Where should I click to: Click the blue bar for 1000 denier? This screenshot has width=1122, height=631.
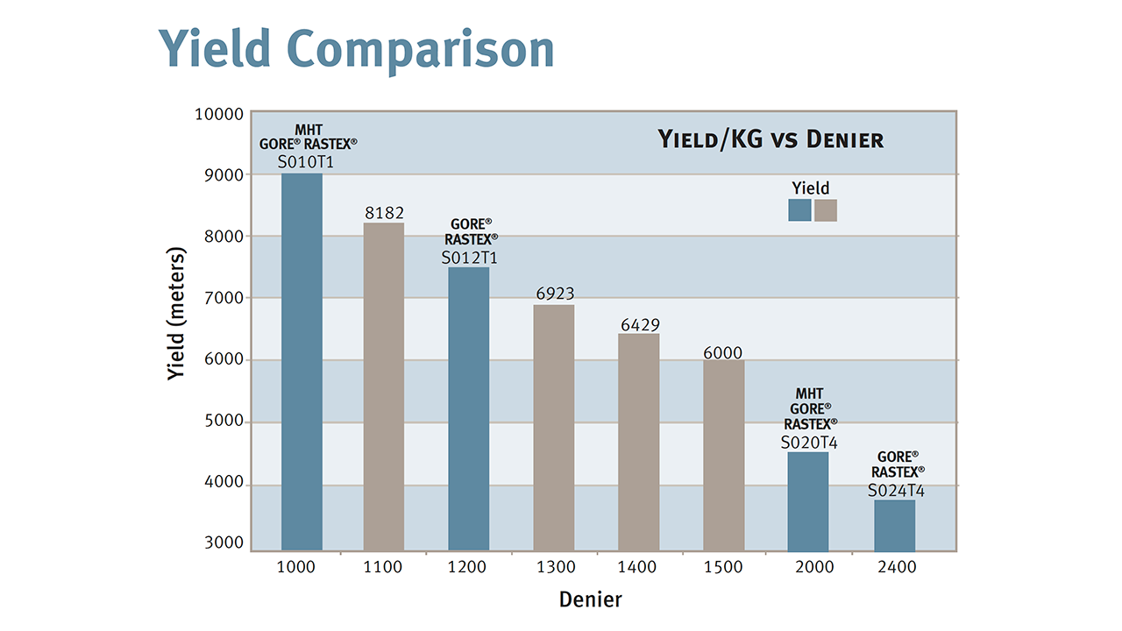pyautogui.click(x=302, y=361)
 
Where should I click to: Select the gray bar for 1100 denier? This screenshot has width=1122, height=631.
pyautogui.click(x=384, y=386)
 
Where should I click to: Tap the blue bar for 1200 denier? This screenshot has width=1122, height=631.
pyautogui.click(x=469, y=408)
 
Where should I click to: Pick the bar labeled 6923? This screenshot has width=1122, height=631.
pyautogui.click(x=554, y=427)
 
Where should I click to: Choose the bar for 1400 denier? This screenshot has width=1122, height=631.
pyautogui.click(x=638, y=442)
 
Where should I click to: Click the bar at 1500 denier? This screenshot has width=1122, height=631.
pyautogui.click(x=723, y=455)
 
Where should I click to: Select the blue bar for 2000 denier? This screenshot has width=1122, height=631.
pyautogui.click(x=808, y=500)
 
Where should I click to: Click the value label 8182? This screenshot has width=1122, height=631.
pyautogui.click(x=384, y=212)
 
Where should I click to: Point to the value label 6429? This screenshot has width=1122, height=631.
pyautogui.click(x=638, y=324)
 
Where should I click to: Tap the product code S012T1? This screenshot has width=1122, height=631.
pyautogui.click(x=469, y=258)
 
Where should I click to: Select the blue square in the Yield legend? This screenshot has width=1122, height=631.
pyautogui.click(x=799, y=210)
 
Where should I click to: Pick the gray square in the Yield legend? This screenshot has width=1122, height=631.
pyautogui.click(x=825, y=210)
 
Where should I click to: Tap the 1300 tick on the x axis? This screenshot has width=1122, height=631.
pyautogui.click(x=554, y=567)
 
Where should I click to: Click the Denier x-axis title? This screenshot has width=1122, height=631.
pyautogui.click(x=591, y=599)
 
